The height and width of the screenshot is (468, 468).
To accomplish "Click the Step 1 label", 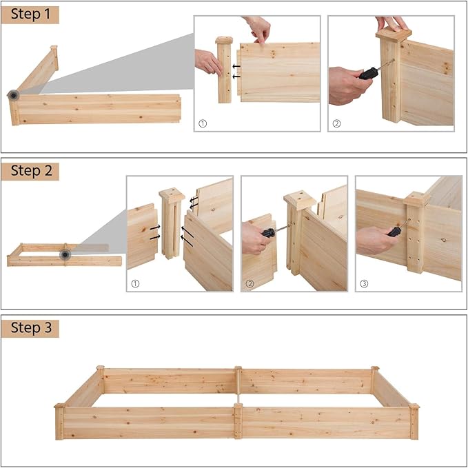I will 30,14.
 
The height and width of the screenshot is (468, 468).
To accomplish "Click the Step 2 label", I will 30,171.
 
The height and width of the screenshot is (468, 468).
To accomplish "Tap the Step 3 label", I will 30,327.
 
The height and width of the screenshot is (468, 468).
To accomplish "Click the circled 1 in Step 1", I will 203,124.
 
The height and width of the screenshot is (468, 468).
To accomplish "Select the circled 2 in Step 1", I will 336,124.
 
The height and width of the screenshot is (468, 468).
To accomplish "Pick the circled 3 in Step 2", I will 363,283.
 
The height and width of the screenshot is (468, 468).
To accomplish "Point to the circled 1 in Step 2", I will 135,283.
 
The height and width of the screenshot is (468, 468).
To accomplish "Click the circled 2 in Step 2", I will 250,283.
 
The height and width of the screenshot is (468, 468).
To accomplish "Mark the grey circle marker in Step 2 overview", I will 65,255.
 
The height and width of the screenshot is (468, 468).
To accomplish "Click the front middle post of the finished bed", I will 238,421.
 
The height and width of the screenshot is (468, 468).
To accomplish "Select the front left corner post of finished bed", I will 59,422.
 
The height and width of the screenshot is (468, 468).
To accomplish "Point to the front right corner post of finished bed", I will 414,422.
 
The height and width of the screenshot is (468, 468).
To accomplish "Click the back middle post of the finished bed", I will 238,380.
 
